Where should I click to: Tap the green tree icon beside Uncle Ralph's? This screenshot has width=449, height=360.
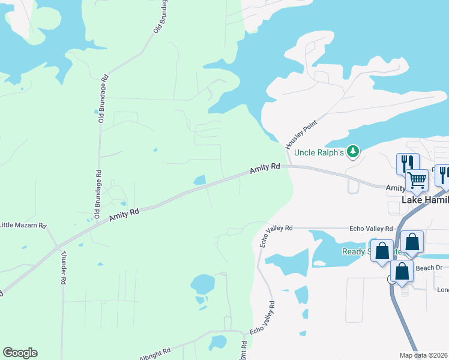click(354, 152)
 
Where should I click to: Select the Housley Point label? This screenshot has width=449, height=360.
click(301, 133)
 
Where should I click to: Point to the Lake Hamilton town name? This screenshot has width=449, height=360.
click(425, 200)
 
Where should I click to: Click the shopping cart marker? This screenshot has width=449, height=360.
click(417, 178)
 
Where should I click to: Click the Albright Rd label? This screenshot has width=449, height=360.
click(155, 354)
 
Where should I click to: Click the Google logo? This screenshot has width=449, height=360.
click(20, 353)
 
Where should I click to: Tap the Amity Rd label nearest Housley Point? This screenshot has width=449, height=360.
click(265, 169)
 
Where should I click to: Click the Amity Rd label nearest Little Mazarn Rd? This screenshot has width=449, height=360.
click(124, 215)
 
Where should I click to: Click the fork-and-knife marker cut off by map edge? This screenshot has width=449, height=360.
click(442, 175)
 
